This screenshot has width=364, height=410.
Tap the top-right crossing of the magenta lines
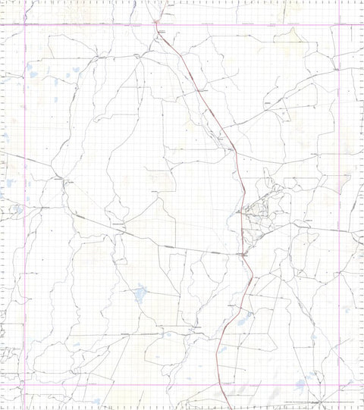pos(339,25)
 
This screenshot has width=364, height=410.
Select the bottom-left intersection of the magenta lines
pos(25,385)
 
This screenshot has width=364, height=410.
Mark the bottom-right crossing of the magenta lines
pos(339,385)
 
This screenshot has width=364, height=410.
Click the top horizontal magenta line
pos(91,25)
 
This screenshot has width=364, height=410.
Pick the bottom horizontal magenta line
pos(114,385)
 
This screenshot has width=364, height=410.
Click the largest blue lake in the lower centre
pos(140,293)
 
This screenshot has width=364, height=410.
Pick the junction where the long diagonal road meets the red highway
pos(243,254)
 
